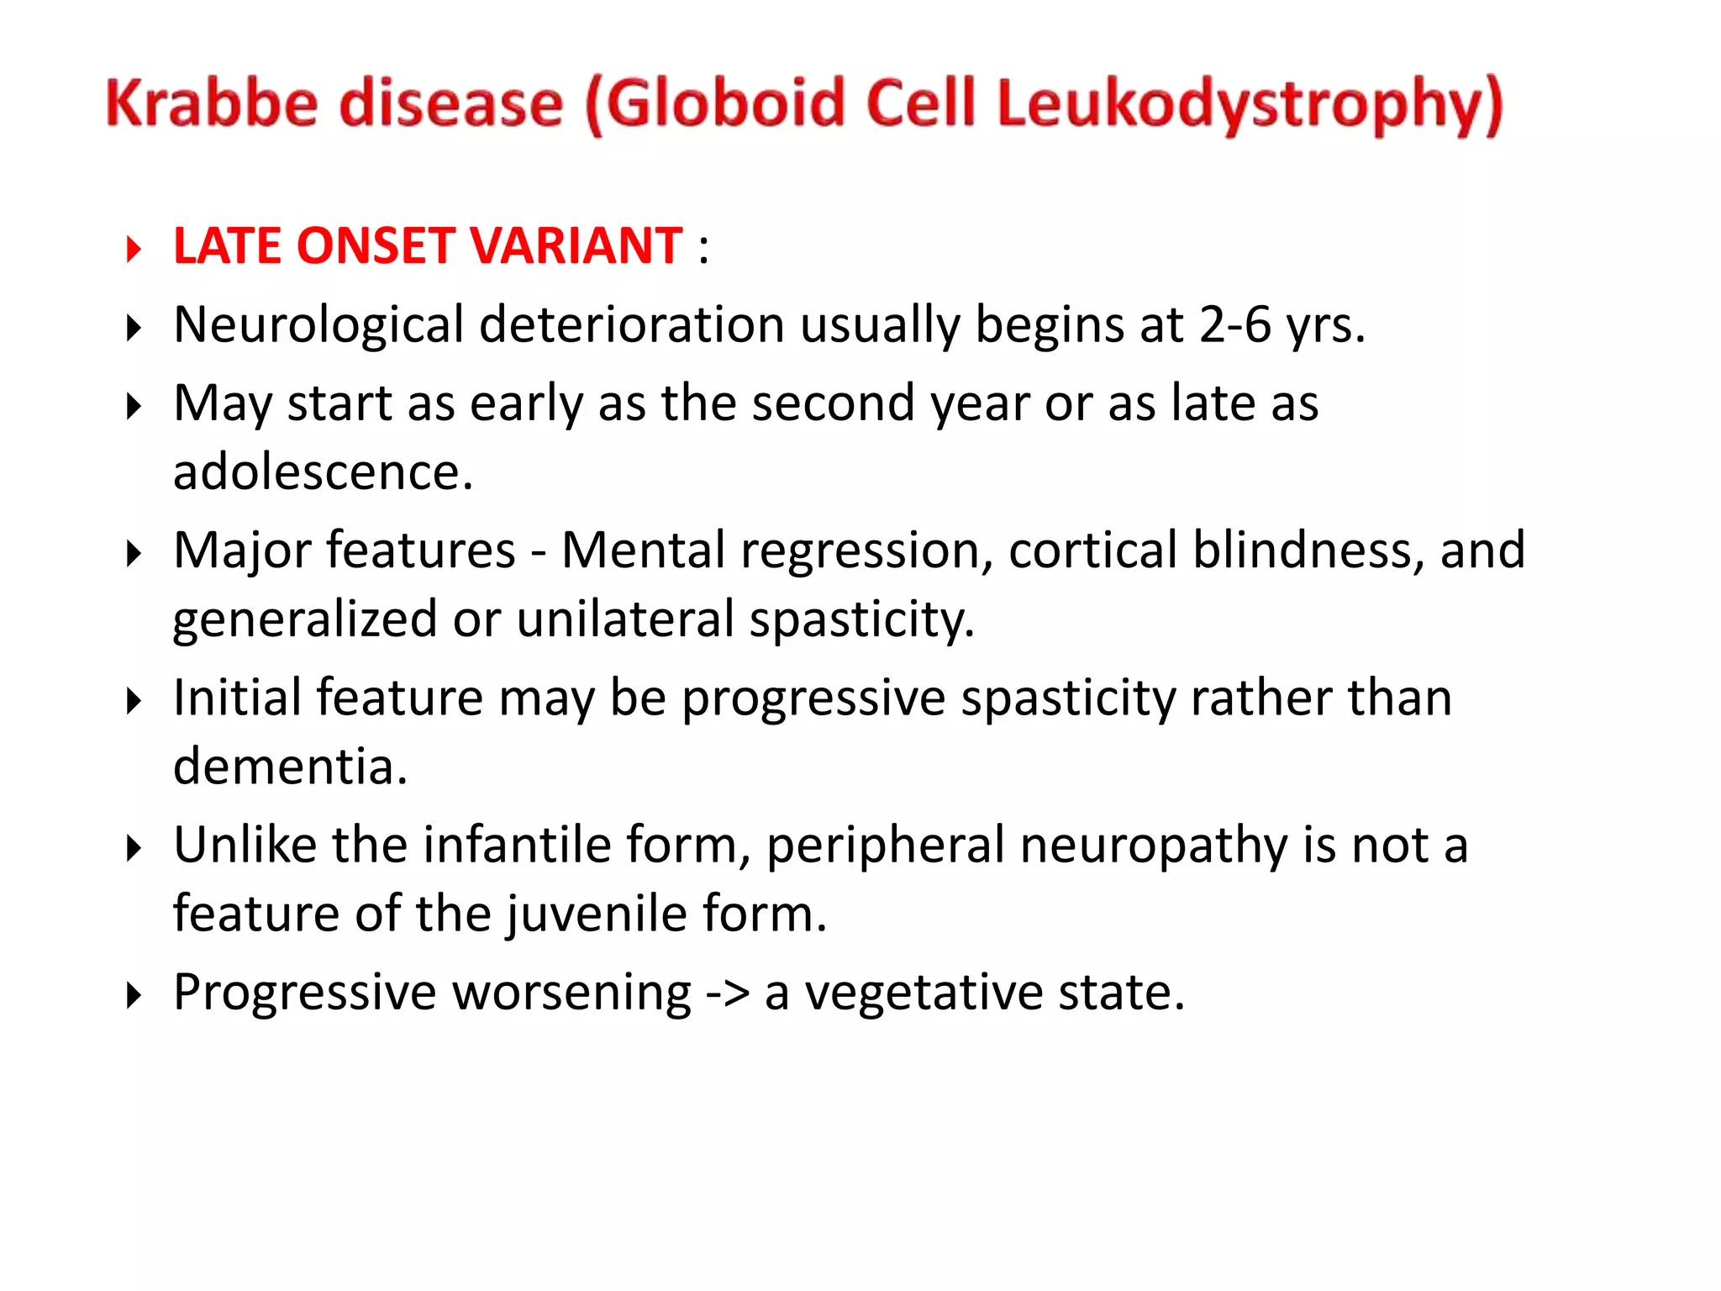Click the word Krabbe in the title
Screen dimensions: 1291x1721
[212, 103]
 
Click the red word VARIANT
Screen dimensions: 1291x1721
[576, 246]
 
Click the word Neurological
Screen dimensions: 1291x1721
[318, 326]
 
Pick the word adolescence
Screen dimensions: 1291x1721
[323, 472]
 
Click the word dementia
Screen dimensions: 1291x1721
[290, 767]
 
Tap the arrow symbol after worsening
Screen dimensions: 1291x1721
[727, 993]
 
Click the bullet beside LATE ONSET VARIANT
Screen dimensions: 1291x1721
[134, 250]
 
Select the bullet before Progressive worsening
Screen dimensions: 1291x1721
[134, 996]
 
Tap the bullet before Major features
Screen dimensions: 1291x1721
[134, 554]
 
